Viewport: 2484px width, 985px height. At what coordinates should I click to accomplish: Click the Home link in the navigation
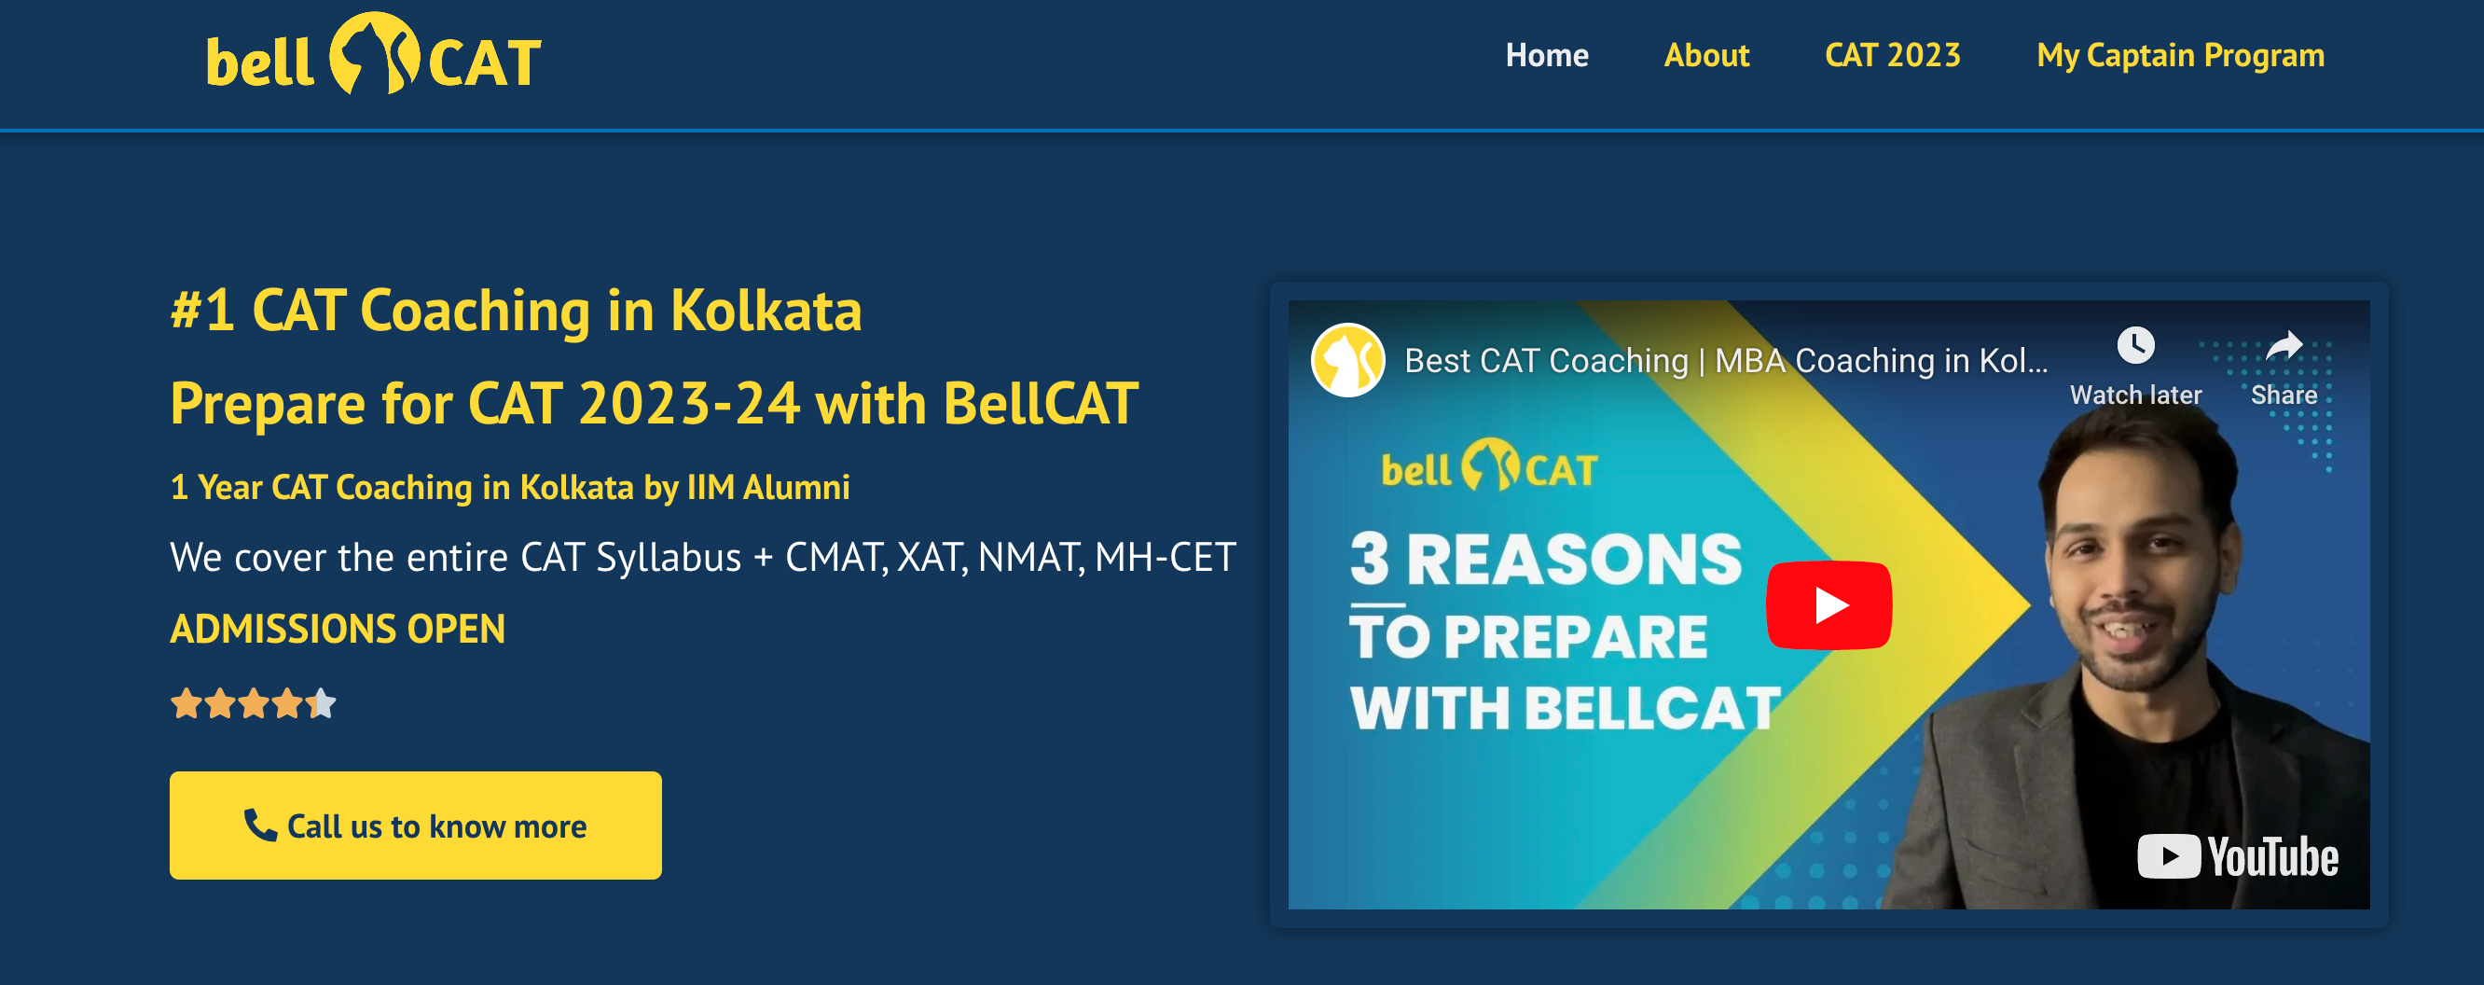coord(1547,55)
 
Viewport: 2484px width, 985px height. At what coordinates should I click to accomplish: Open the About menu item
coord(1705,55)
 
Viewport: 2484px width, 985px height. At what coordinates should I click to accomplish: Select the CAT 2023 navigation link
coord(1892,55)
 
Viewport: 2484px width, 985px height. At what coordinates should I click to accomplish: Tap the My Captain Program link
coord(2180,56)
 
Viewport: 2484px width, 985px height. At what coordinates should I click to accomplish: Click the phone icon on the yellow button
coord(260,825)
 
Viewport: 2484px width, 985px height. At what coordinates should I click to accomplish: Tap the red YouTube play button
coord(1828,604)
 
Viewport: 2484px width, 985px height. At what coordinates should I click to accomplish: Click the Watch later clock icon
coord(2135,344)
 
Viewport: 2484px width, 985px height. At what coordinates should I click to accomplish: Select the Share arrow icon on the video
coord(2284,344)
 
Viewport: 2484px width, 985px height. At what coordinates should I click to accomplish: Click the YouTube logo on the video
coord(2237,855)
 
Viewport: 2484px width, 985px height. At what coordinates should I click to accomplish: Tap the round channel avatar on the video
coord(1348,360)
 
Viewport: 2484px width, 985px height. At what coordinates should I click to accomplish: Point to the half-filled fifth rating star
coord(321,703)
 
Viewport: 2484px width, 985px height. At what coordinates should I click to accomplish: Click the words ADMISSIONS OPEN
coord(338,629)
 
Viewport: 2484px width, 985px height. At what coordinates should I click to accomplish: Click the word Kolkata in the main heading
coord(766,311)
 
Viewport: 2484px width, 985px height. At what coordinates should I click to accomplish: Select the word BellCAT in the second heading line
coord(1041,403)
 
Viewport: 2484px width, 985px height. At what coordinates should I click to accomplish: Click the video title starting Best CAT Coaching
coord(1726,360)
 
